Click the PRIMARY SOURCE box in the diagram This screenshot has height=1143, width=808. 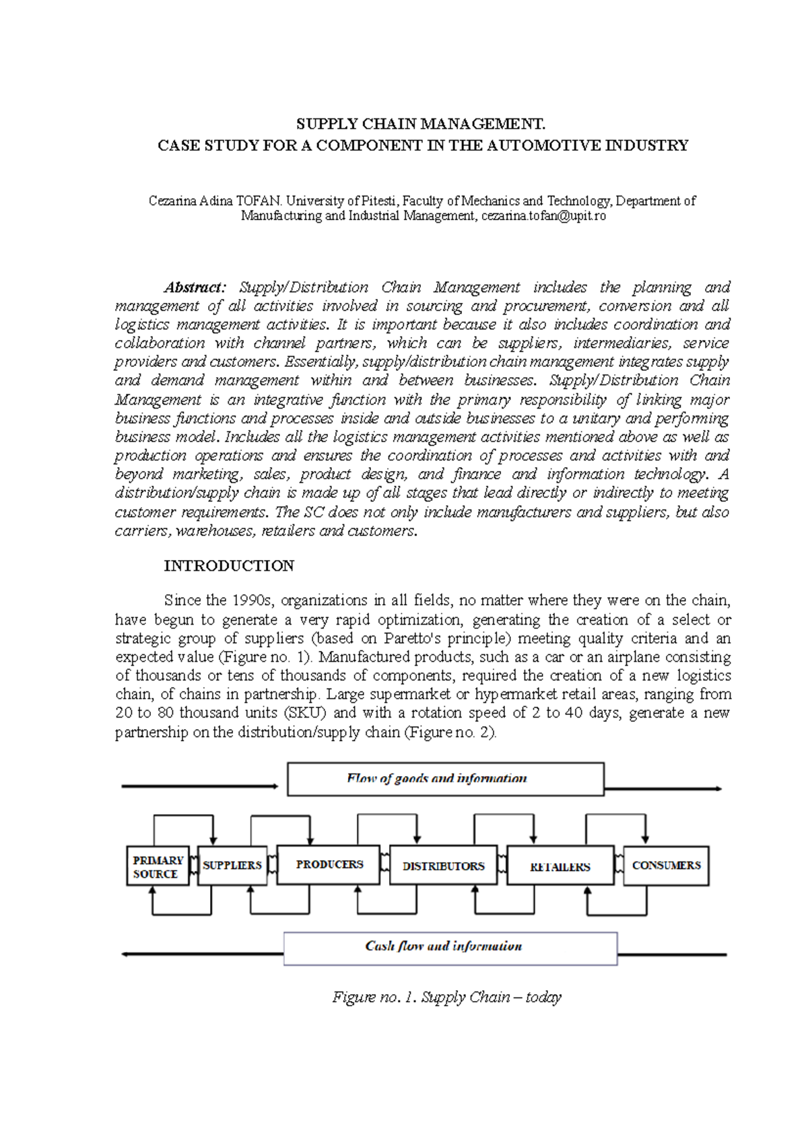(158, 866)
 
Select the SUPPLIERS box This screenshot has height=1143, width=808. (232, 866)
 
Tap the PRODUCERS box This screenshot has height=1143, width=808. (329, 865)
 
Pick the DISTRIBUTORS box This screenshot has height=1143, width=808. (443, 866)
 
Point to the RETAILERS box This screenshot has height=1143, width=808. (560, 867)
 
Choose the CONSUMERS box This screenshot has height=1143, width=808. (666, 866)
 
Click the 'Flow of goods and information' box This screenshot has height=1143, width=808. (445, 780)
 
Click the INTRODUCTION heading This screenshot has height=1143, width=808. (229, 566)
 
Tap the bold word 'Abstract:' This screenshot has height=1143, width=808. (195, 287)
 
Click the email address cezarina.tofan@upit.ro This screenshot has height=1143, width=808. (543, 216)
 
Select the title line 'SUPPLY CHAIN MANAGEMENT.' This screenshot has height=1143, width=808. (421, 124)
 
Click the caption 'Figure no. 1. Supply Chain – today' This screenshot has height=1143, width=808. (446, 997)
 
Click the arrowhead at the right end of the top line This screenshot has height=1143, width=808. (718, 788)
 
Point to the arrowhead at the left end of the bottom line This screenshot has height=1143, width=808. (126, 955)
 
